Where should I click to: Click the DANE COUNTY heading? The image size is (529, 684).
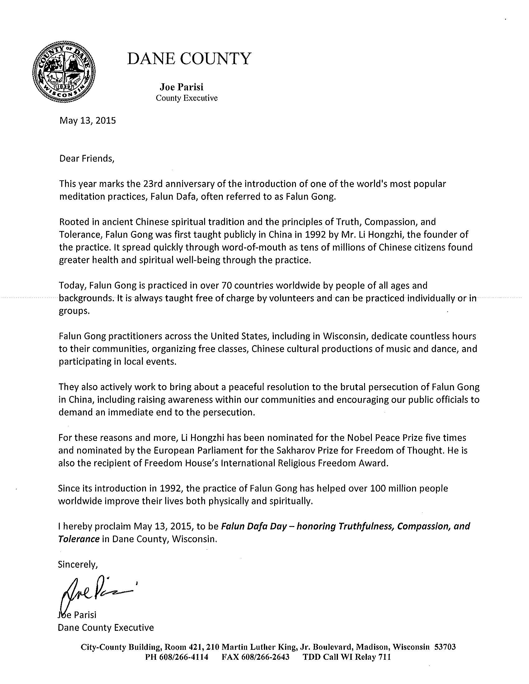coord(189,58)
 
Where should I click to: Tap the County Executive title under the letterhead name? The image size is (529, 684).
coord(186,98)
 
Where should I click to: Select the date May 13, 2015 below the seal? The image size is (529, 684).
coord(87,121)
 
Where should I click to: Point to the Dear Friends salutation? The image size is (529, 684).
coord(87,159)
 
